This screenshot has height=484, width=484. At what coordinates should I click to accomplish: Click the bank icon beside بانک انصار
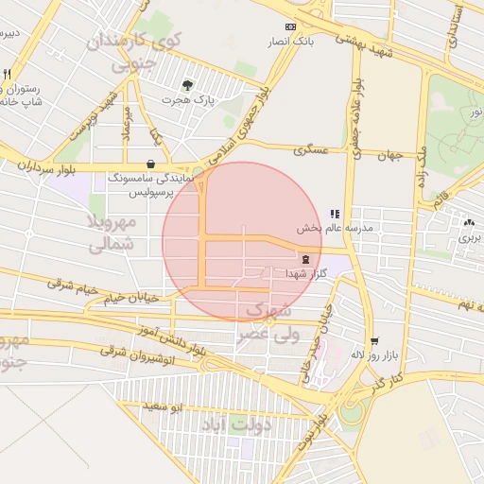(x=290, y=26)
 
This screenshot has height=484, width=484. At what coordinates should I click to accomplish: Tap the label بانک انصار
(x=290, y=43)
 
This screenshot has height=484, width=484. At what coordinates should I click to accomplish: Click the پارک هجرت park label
(x=188, y=99)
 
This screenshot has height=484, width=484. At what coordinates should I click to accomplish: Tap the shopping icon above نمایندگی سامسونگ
(x=152, y=163)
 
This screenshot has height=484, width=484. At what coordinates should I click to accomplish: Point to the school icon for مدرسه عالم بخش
(x=335, y=214)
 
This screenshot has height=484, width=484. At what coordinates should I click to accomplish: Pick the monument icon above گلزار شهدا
(x=305, y=258)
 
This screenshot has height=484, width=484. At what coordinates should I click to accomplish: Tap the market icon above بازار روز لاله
(x=375, y=340)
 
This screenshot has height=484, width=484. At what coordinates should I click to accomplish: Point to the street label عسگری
(x=310, y=150)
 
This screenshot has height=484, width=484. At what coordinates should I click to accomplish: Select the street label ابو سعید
(x=162, y=406)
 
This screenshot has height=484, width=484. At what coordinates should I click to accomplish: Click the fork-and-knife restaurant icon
(x=8, y=74)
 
